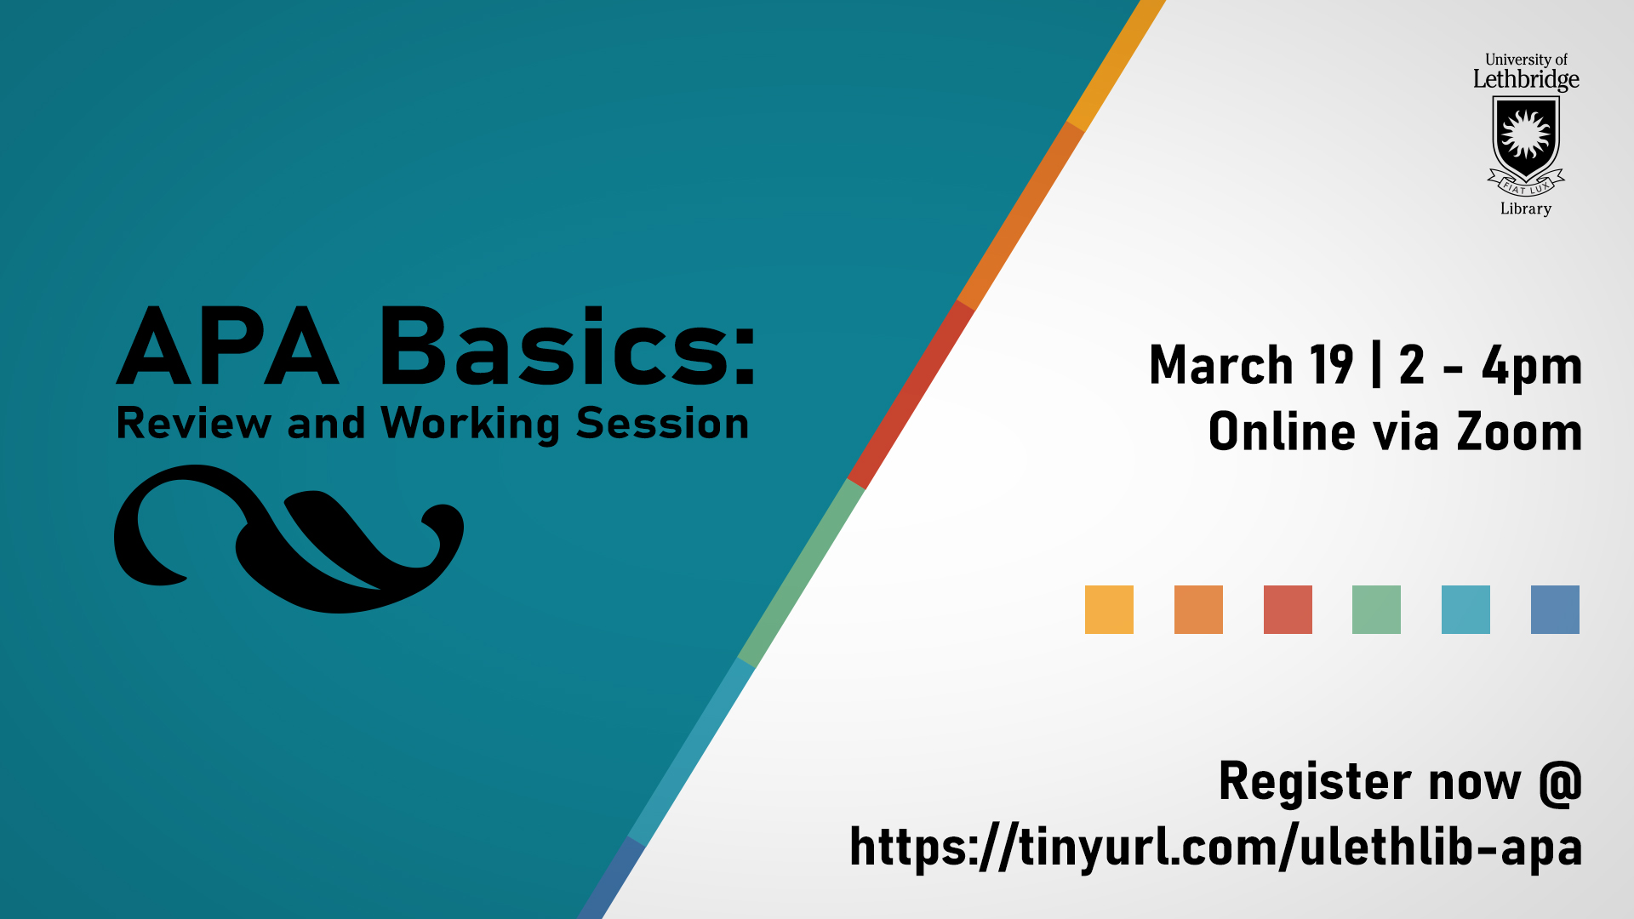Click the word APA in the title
point(228,346)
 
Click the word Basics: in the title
point(568,345)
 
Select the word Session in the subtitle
point(662,423)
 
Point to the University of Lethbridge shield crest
point(1526,143)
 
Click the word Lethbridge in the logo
point(1526,80)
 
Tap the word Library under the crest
point(1526,208)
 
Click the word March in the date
point(1221,365)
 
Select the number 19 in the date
point(1332,365)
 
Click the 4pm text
point(1532,368)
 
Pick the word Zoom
point(1519,431)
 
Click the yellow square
point(1109,609)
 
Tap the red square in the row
point(1288,609)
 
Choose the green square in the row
point(1376,609)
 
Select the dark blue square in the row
point(1555,609)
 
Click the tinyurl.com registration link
point(1216,848)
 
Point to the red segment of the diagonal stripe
point(911,394)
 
